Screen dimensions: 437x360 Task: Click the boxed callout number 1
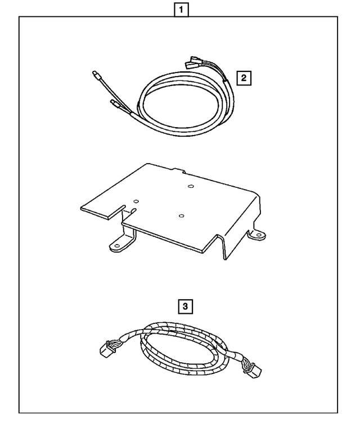coord(181,9)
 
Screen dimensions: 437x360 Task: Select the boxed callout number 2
coord(244,78)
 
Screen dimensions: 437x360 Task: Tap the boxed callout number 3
coord(185,307)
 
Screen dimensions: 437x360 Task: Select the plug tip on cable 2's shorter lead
coord(113,103)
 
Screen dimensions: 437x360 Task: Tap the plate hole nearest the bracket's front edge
coord(181,215)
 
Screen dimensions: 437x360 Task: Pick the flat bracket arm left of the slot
coord(101,208)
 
